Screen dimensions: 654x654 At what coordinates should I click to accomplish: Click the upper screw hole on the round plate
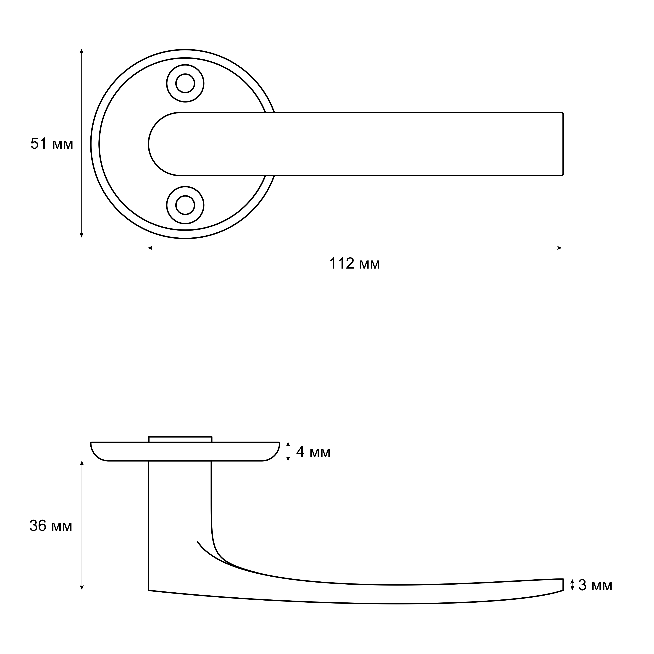(185, 83)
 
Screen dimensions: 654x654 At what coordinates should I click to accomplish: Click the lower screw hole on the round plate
(185, 205)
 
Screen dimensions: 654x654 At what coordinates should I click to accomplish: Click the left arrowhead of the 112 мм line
(150, 248)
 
